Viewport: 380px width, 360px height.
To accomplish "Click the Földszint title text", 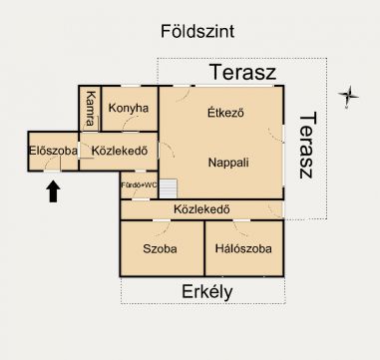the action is click(x=197, y=31).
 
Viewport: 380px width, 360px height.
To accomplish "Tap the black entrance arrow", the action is click(x=53, y=190).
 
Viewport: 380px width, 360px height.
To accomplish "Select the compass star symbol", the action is click(x=348, y=96).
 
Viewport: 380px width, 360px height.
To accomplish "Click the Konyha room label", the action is click(x=129, y=108).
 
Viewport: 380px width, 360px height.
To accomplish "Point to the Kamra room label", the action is click(x=90, y=109).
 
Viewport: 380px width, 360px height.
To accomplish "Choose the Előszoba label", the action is click(x=53, y=151).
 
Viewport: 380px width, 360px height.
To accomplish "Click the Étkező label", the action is click(x=225, y=113).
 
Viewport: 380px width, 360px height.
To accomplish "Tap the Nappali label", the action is click(x=228, y=163).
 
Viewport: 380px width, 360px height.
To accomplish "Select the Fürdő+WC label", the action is click(x=139, y=184).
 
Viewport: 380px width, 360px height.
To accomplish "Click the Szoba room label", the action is click(x=160, y=248).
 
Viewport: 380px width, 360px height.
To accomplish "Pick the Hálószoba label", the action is click(x=243, y=248).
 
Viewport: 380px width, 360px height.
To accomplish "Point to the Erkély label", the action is click(x=206, y=292).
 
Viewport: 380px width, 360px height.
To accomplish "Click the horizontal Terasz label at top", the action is click(x=243, y=72).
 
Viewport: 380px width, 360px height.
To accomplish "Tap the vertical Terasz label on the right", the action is click(x=306, y=146).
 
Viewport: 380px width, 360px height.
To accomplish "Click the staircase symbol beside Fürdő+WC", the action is click(x=169, y=188).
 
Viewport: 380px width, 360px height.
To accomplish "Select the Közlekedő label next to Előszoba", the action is click(x=120, y=151).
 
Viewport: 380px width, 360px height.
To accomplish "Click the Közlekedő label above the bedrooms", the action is click(x=201, y=209).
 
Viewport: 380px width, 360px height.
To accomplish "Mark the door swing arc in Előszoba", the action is click(x=51, y=163).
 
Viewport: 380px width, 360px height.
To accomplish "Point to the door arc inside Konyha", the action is click(x=129, y=123).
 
